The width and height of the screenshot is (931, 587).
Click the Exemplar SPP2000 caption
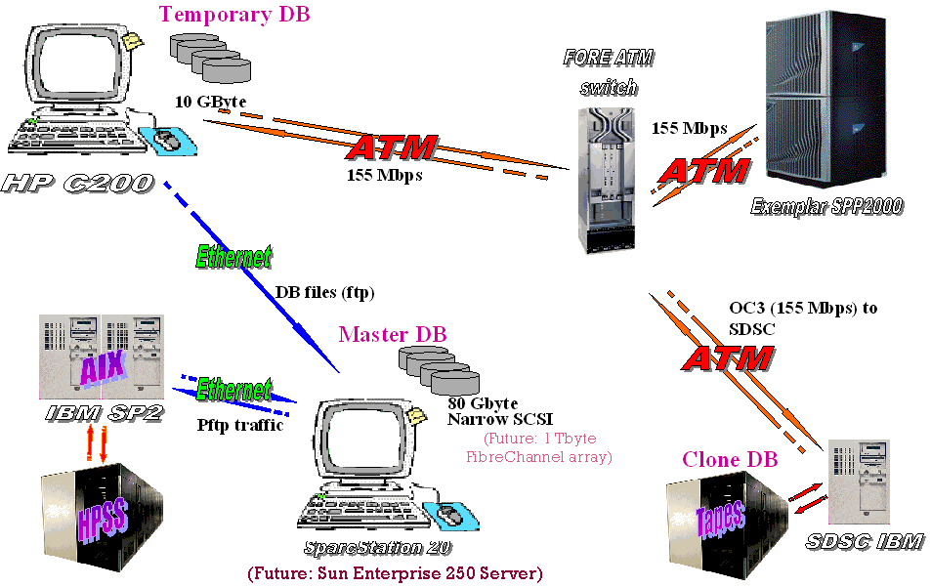[826, 205]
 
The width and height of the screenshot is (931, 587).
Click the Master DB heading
[393, 335]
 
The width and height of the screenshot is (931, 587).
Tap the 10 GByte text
[211, 101]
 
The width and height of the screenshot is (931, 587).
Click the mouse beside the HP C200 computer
[168, 141]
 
